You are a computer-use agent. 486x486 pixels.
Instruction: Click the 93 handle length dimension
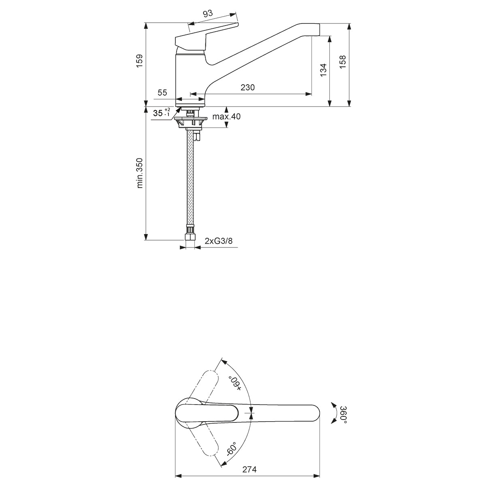click(x=208, y=13)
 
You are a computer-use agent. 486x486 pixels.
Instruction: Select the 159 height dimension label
click(x=139, y=60)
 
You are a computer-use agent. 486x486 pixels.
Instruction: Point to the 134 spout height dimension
click(x=323, y=70)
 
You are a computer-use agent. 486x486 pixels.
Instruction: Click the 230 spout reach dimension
click(x=248, y=87)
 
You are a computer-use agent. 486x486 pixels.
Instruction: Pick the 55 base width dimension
click(x=162, y=93)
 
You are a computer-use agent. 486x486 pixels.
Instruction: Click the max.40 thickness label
click(x=226, y=116)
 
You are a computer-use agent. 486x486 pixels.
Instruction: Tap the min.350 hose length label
click(x=139, y=173)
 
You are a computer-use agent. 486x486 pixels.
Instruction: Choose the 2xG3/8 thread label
click(x=218, y=241)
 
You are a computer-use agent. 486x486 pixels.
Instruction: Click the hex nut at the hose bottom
click(x=190, y=237)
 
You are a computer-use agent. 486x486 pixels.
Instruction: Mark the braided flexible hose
click(x=190, y=177)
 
